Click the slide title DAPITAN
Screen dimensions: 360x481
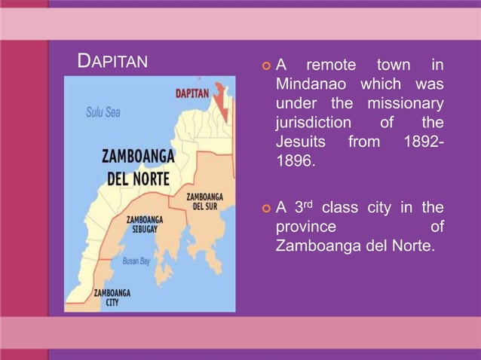[113, 61]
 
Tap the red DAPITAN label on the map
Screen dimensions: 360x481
[192, 95]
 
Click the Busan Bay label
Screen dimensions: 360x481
[136, 261]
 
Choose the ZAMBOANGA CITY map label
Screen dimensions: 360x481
[112, 297]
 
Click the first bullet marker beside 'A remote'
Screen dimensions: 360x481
[265, 66]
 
